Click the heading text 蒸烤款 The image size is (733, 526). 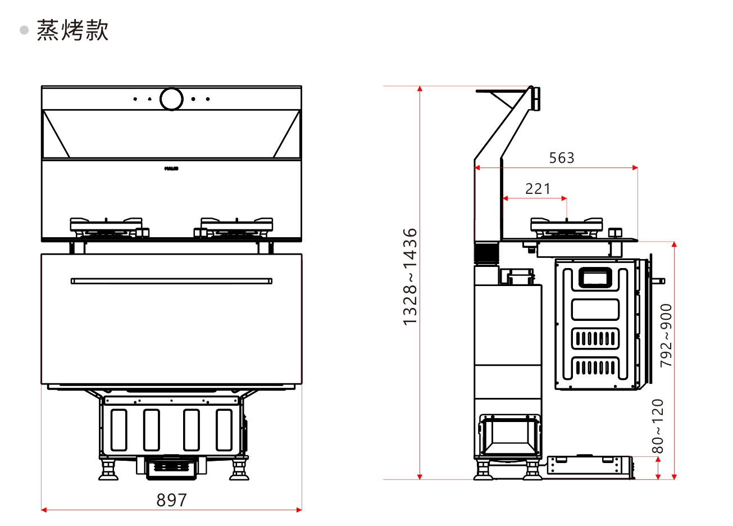(72, 30)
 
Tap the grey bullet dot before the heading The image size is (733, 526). (24, 30)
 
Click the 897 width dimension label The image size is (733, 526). (171, 500)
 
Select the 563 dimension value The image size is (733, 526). (562, 158)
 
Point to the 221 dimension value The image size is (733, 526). (538, 189)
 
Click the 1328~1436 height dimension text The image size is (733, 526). (411, 276)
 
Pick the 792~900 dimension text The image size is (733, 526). (666, 335)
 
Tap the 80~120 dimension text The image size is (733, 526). (658, 426)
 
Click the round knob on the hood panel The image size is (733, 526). (171, 99)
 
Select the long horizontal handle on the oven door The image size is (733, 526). (171, 281)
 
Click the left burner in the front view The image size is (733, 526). (106, 226)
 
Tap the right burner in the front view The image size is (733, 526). (236, 226)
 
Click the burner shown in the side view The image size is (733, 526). (566, 226)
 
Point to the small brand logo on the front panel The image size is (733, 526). (171, 169)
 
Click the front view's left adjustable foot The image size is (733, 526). (108, 470)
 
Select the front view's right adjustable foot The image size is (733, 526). (239, 470)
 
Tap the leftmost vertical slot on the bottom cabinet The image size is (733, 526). (119, 430)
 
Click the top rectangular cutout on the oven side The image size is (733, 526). (595, 278)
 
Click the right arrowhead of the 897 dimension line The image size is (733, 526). (299, 510)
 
